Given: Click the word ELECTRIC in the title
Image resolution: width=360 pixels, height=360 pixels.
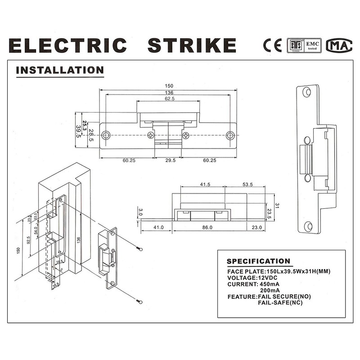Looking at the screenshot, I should (x=67, y=46).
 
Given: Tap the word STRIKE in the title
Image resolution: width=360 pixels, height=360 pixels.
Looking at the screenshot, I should (x=192, y=46).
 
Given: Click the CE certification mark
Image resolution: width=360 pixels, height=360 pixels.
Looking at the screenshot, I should (x=272, y=45).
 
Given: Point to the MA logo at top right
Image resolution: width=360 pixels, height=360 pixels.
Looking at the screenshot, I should (x=339, y=45).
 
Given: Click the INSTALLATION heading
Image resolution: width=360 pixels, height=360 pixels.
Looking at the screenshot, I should (x=60, y=71).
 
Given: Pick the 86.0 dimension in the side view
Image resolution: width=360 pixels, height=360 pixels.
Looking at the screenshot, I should (x=207, y=228).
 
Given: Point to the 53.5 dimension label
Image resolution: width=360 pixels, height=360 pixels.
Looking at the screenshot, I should (x=247, y=185).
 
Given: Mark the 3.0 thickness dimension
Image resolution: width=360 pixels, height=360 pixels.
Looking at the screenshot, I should (x=140, y=212).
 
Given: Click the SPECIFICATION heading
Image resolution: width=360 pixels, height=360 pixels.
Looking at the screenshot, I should (x=258, y=261).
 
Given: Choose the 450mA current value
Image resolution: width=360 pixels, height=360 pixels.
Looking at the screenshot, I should (x=270, y=284).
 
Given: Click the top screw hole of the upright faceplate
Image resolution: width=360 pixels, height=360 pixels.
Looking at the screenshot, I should (x=306, y=92).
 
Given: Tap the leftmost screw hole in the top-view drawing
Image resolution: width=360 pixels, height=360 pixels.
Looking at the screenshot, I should (x=106, y=135).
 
